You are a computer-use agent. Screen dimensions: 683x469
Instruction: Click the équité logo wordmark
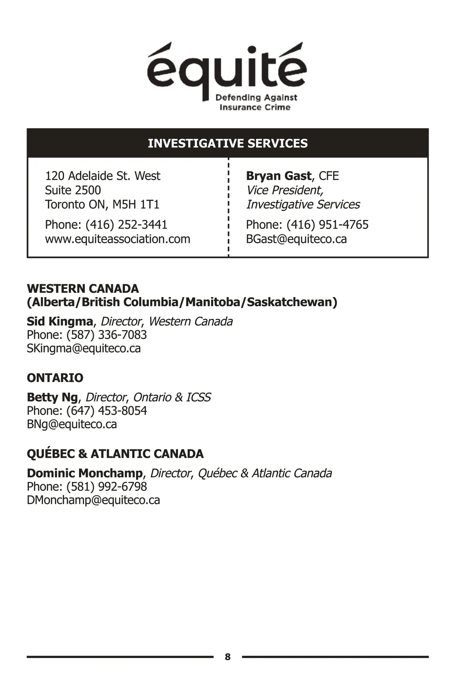[227, 68]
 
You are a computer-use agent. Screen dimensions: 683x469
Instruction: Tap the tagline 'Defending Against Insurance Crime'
[256, 102]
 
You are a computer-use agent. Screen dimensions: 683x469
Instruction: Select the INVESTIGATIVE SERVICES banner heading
[227, 143]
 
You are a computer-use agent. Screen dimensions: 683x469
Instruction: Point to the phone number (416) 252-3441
[126, 225]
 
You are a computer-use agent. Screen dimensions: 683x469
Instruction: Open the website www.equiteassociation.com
[117, 239]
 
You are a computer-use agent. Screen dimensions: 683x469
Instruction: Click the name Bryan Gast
[278, 176]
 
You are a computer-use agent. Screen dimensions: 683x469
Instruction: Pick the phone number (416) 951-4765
[327, 225]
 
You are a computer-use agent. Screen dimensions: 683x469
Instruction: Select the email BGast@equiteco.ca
[296, 239]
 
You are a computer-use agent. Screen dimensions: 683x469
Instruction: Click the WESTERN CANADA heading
[83, 289]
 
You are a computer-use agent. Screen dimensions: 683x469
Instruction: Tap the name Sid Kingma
[60, 321]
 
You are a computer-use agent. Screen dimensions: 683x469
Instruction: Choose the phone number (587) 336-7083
[106, 335]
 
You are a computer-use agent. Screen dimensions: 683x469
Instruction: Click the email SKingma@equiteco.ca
[84, 348]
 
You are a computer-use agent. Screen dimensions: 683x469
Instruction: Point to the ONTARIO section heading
[55, 378]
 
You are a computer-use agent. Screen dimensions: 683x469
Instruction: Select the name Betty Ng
[52, 397]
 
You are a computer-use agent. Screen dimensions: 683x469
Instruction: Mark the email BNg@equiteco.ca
[72, 424]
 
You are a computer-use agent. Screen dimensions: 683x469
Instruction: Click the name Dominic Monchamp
[85, 473]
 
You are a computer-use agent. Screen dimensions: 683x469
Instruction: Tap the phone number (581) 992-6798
[106, 487]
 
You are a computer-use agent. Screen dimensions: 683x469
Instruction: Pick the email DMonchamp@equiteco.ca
[93, 500]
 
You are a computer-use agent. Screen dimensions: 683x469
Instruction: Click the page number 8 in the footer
[228, 657]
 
